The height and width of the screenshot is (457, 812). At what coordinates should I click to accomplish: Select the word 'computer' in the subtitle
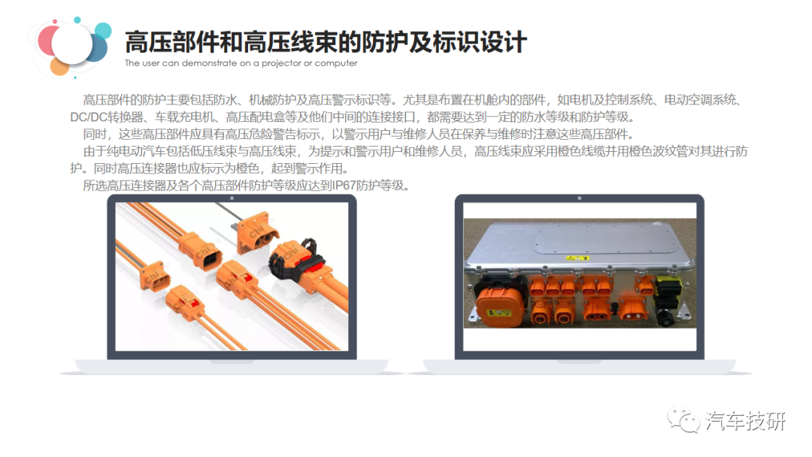336,63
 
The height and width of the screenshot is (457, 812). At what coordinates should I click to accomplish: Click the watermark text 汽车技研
746,422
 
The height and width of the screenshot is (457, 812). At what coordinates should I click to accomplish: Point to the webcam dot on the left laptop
232,198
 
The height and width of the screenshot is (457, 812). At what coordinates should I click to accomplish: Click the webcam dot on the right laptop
579,198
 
